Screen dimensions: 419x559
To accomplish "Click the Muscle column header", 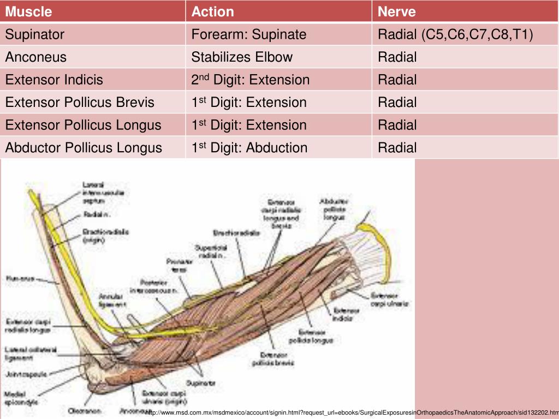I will [29, 11].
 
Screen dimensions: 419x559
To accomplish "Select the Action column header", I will [212, 11].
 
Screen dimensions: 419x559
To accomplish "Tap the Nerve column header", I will [396, 11].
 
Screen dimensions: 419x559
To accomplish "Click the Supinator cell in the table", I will [35, 34].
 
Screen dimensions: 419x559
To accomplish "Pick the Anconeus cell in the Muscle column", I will [36, 57].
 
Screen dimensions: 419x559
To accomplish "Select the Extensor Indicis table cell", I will [54, 80].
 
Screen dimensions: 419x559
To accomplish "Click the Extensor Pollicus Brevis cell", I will [80, 102].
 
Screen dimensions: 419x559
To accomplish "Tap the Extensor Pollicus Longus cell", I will [83, 125].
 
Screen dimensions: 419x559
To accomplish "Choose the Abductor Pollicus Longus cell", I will [84, 147].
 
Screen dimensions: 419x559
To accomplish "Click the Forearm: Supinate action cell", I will [248, 34].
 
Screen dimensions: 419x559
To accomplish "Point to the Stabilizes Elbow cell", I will [242, 57].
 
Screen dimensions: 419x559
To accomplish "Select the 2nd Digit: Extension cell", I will [250, 80].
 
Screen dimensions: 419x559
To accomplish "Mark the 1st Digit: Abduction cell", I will [249, 147].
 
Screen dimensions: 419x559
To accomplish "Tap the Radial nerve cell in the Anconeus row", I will [397, 57].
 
